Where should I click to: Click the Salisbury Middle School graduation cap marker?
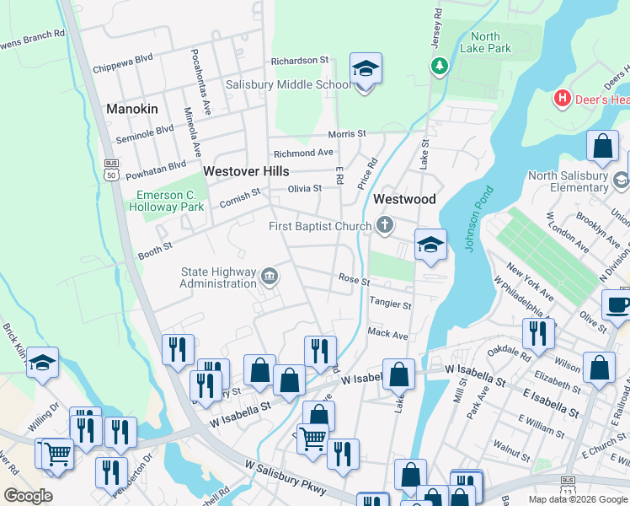[x=366, y=69]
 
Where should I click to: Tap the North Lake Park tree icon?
[x=438, y=66]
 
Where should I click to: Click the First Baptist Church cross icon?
[x=385, y=225]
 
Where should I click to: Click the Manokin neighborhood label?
[x=132, y=109]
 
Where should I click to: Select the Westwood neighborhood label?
[x=404, y=199]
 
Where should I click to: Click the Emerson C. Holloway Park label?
[x=171, y=200]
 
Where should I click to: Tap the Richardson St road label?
[x=299, y=61]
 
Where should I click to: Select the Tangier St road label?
[x=390, y=304]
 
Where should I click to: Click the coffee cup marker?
[x=617, y=305]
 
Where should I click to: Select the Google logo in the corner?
[x=29, y=496]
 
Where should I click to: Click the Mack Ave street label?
[x=387, y=334]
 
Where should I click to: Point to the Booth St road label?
[x=155, y=249]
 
